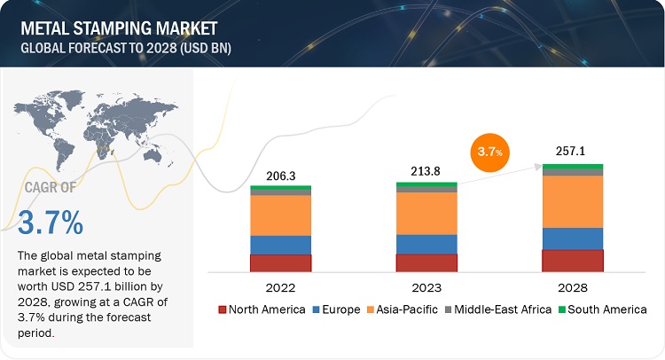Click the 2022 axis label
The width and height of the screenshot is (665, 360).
[x=281, y=287]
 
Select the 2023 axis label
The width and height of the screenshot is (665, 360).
[x=426, y=287]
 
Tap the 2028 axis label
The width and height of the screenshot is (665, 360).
[x=572, y=287]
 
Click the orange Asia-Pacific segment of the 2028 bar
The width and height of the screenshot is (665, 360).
[x=572, y=201]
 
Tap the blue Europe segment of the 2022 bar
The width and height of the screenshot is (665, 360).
[x=281, y=245]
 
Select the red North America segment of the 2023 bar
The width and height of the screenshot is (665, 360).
[x=426, y=262]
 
